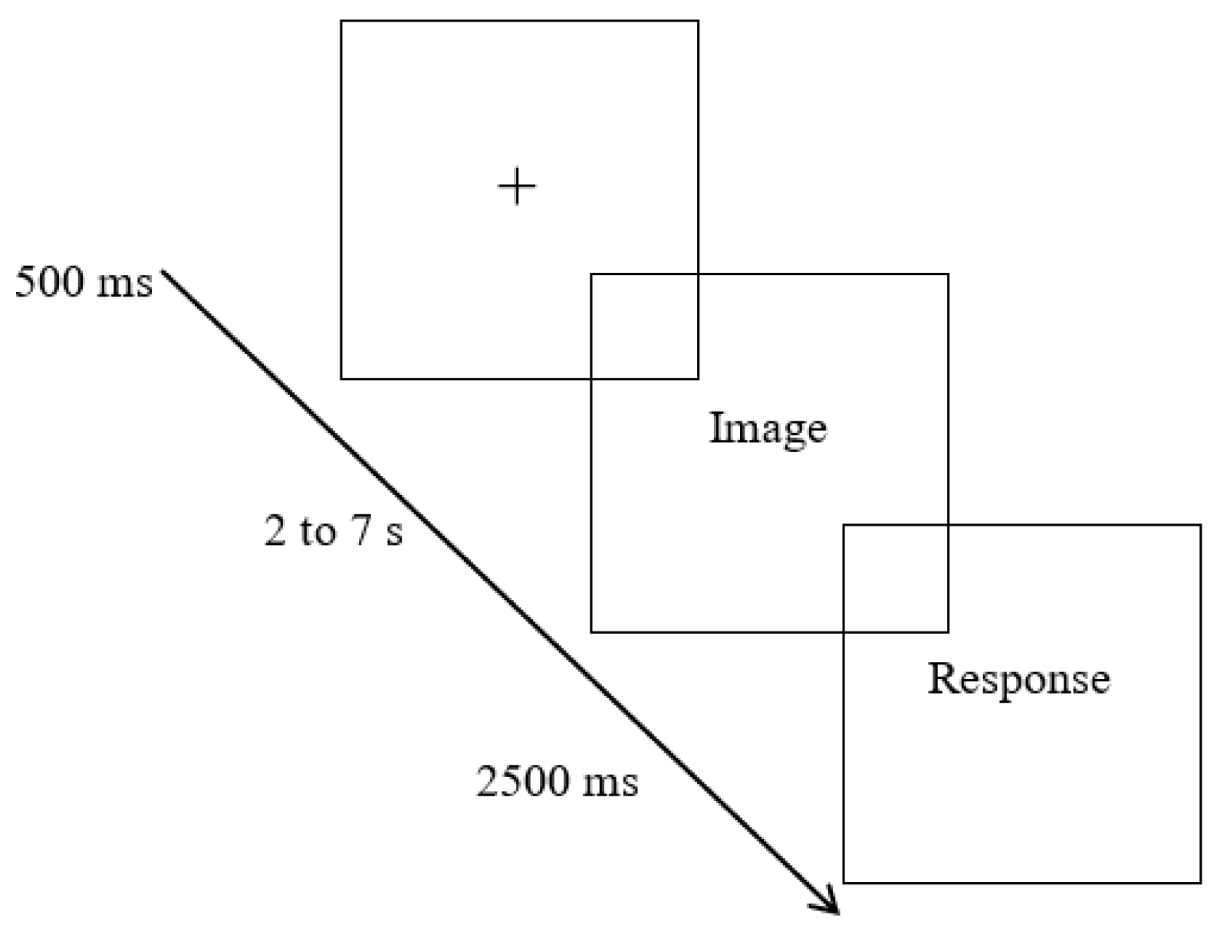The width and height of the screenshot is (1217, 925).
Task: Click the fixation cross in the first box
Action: (x=517, y=187)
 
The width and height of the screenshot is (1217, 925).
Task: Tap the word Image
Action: (x=768, y=428)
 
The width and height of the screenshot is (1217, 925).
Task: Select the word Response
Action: (x=1018, y=679)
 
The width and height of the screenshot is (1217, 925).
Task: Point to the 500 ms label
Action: (x=84, y=283)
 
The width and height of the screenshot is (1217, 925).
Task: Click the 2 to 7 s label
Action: (x=334, y=530)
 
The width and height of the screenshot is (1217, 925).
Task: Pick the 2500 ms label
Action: (x=558, y=782)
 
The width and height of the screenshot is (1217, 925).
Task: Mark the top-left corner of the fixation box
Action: (x=341, y=21)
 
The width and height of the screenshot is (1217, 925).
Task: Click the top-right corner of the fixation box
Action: (x=698, y=21)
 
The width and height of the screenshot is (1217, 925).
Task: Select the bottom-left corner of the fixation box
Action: (x=341, y=378)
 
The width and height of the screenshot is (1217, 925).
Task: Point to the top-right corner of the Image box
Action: (x=948, y=274)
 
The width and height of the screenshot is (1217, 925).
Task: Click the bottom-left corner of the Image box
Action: (x=591, y=631)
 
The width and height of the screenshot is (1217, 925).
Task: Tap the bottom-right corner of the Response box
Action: (x=1200, y=882)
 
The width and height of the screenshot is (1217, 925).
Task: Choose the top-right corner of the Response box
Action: (x=1200, y=526)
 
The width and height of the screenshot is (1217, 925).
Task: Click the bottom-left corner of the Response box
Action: (x=844, y=882)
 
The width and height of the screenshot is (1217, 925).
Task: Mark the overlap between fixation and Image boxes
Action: (x=644, y=326)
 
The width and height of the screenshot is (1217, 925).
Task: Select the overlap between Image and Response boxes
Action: (x=896, y=579)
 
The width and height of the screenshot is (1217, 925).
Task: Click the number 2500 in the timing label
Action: (x=523, y=782)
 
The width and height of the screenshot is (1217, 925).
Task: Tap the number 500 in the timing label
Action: (x=51, y=283)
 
